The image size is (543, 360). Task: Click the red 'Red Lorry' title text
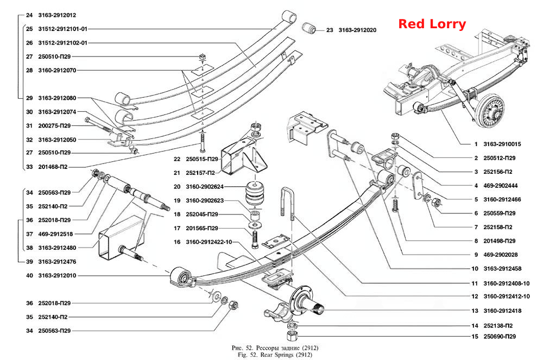click(x=432, y=24)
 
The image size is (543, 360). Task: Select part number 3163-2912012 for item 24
click(x=57, y=15)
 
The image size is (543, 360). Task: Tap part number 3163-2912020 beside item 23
click(x=357, y=30)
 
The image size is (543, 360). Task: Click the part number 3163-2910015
click(x=502, y=144)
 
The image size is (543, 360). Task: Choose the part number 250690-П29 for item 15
click(x=500, y=337)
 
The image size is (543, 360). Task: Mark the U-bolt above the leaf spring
click(x=287, y=204)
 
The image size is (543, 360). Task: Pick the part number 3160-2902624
click(x=205, y=187)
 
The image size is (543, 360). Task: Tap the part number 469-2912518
click(x=55, y=234)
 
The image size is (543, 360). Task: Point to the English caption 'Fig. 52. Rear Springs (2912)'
click(x=275, y=355)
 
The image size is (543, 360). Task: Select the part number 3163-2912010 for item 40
click(x=57, y=275)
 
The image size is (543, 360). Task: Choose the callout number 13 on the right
click(x=475, y=311)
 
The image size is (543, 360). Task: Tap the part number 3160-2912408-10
click(x=506, y=283)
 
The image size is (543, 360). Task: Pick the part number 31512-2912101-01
click(x=62, y=29)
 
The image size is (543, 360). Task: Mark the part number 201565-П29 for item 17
click(x=202, y=228)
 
